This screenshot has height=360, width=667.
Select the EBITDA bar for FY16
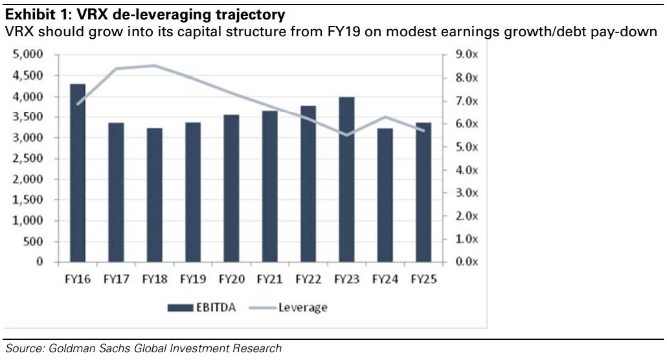(77, 173)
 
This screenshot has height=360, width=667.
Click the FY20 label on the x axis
(231, 280)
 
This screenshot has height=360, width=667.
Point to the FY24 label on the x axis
(385, 280)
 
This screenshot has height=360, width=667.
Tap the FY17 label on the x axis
(116, 280)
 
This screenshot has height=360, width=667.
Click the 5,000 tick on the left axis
(27, 55)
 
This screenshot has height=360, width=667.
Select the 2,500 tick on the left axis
(27, 159)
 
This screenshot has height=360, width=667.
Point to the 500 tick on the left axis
(34, 242)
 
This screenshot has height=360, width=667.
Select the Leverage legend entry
(302, 308)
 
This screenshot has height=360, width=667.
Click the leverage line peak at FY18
(154, 65)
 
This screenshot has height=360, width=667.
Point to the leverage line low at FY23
(346, 135)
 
